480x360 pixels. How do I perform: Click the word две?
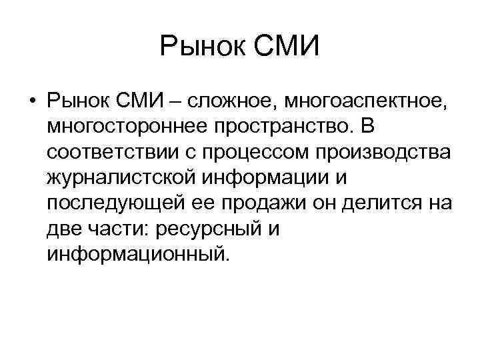[63, 229]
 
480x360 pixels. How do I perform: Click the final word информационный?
[137, 254]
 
